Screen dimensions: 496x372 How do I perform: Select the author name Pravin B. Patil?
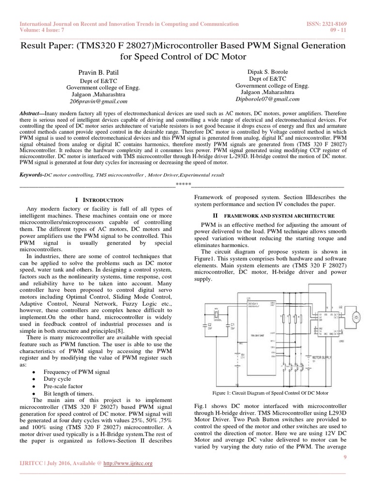pos(98,73)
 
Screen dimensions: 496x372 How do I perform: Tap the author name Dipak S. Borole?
pos(268,71)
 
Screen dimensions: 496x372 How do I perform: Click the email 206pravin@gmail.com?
pos(98,102)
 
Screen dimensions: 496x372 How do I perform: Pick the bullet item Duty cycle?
pos(57,379)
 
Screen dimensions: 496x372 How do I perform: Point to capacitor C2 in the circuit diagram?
pos(210,326)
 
